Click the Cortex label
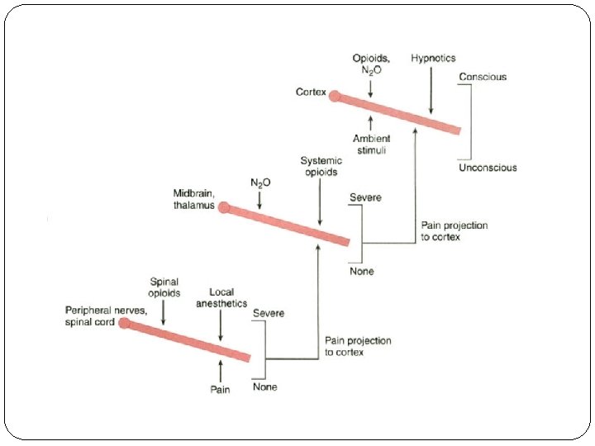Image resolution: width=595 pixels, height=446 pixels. pos(311,92)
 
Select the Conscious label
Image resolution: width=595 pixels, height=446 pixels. pos(483,77)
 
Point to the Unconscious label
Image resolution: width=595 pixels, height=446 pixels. pos(488,168)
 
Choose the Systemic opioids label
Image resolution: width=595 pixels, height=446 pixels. pos(319,166)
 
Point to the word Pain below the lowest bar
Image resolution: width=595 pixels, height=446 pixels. pos(220,389)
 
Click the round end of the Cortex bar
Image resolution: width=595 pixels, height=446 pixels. pos(335,97)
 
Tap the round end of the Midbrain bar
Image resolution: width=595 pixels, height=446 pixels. pos(224,207)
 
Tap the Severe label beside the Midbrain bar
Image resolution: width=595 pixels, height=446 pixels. pos(365,198)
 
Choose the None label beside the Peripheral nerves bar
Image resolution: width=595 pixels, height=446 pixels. pos(265,387)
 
